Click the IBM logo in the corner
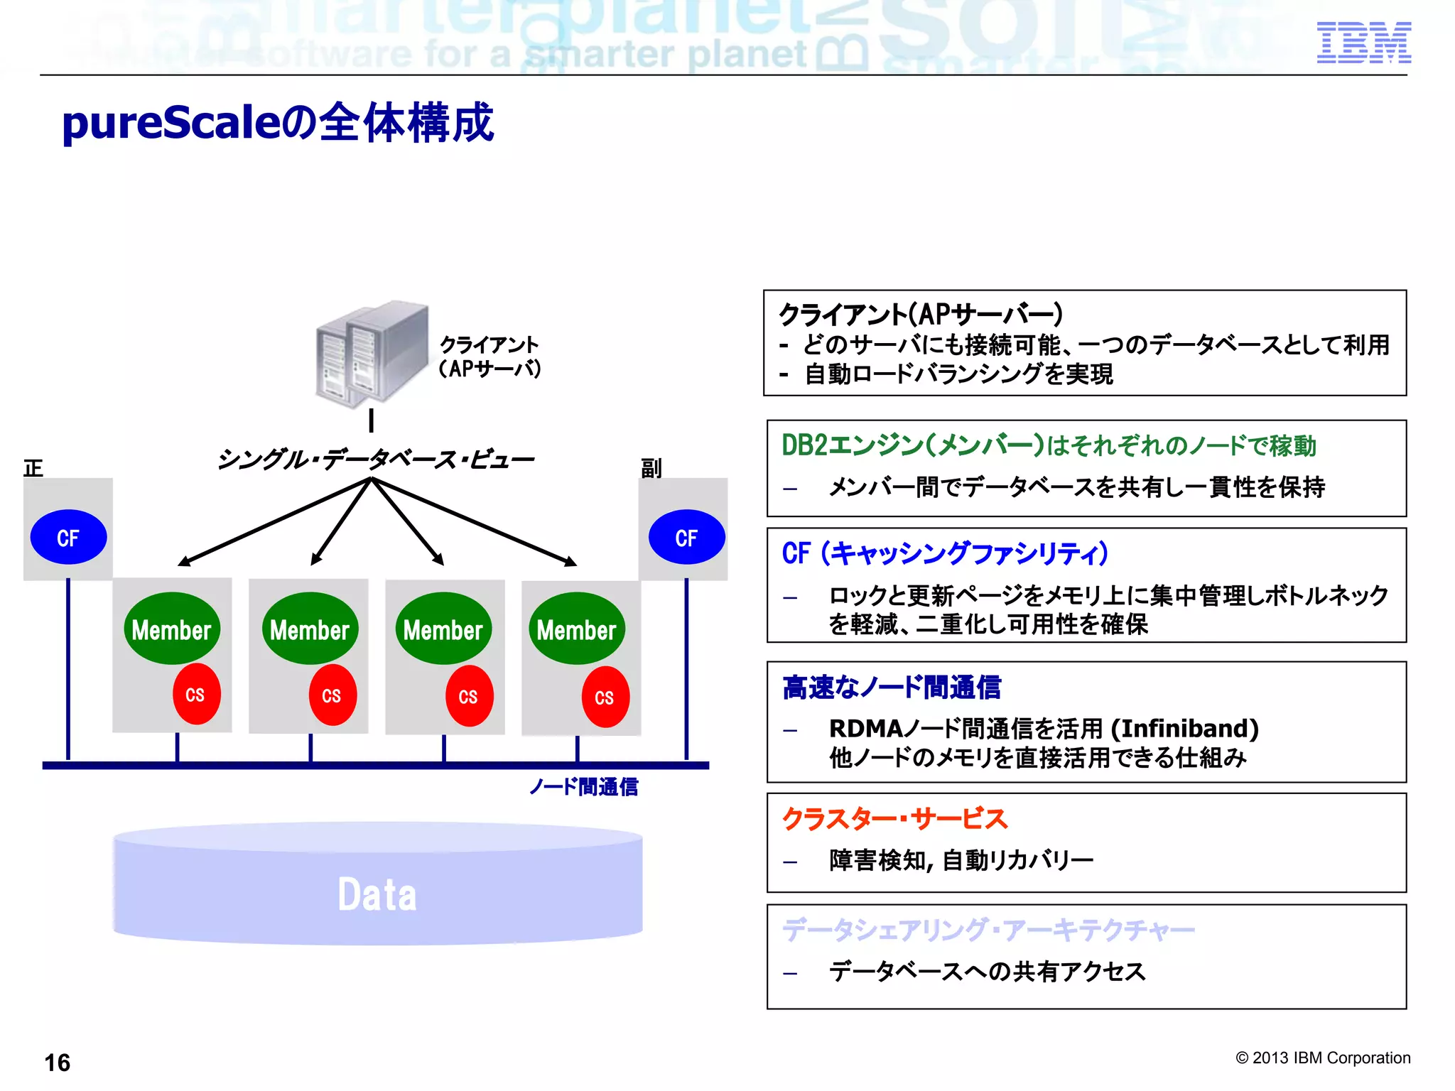pyautogui.click(x=1363, y=43)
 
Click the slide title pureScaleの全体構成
pyautogui.click(x=277, y=123)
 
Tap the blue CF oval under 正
pyautogui.click(x=68, y=538)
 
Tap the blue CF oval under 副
pyautogui.click(x=686, y=538)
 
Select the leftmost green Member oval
pyautogui.click(x=171, y=629)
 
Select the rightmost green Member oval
pyautogui.click(x=576, y=629)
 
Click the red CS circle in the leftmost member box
pyautogui.click(x=196, y=695)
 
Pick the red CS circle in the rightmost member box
pyautogui.click(x=605, y=698)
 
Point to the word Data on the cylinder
pyautogui.click(x=377, y=894)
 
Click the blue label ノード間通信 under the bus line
pyautogui.click(x=583, y=787)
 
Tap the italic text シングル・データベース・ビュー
pyautogui.click(x=375, y=460)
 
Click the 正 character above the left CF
pyautogui.click(x=33, y=468)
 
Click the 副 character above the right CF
pyautogui.click(x=651, y=468)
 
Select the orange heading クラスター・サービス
pyautogui.click(x=894, y=819)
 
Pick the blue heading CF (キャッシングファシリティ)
pyautogui.click(x=945, y=553)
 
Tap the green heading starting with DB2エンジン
pyautogui.click(x=1049, y=446)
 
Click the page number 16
pyautogui.click(x=58, y=1063)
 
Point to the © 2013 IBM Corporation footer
pyautogui.click(x=1323, y=1058)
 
